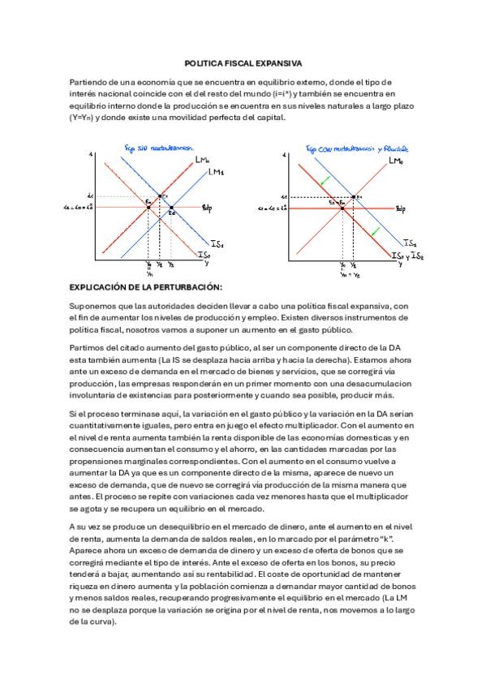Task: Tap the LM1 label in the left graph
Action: (217, 172)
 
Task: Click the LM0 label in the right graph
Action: (395, 161)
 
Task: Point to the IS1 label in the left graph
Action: (217, 243)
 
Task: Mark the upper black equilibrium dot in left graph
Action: (160, 196)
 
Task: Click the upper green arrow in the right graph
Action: (325, 180)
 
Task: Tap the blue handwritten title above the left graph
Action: (158, 148)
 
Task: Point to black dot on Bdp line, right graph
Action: (342, 208)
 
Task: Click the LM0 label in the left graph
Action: (203, 160)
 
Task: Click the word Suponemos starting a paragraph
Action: (91, 305)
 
